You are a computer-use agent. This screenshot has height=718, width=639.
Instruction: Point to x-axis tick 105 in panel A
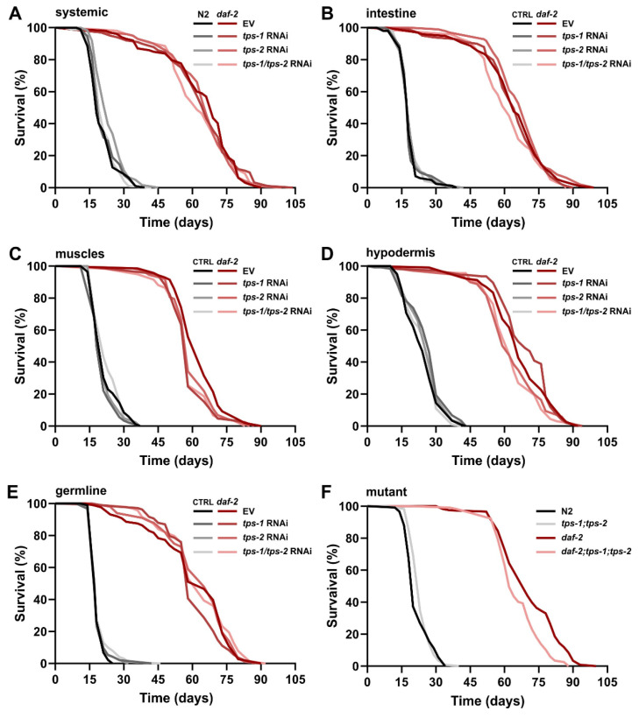(295, 202)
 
